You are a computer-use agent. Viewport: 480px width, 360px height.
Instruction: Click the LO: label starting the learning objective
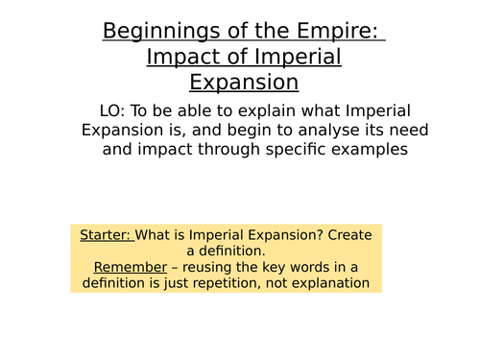[x=115, y=110]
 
